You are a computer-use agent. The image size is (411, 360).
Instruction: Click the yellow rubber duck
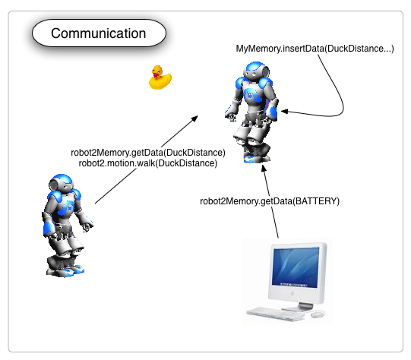pos(160,77)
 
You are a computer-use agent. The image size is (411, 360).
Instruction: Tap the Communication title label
pos(99,33)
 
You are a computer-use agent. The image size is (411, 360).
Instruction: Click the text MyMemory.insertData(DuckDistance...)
pos(315,49)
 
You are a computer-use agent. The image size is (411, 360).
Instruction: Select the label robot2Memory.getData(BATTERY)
pos(270,201)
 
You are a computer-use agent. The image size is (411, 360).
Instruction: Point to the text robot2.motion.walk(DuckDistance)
pos(148,163)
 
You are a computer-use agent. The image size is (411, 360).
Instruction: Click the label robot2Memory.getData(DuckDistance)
pos(148,153)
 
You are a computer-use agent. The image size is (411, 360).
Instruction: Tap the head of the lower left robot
pos(61,183)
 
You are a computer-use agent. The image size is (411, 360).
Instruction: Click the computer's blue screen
pos(296,266)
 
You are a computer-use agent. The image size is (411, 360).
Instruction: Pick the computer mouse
pos(318,314)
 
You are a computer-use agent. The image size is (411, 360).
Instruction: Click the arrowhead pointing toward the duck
pos(194,118)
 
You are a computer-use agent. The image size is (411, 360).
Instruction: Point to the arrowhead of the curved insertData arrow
pos(285,112)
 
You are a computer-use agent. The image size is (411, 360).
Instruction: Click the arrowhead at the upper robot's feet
pos(264,169)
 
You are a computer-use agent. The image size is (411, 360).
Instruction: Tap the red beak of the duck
pos(156,75)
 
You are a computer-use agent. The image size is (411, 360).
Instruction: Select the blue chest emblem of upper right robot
pos(251,95)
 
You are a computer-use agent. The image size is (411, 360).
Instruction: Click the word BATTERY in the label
pos(316,201)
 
